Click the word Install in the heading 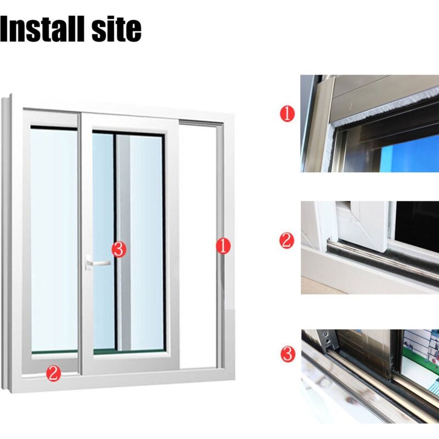(44, 29)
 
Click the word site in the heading (117, 29)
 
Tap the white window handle (97, 263)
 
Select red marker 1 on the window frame (223, 246)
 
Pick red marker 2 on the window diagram (53, 373)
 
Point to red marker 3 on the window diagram (119, 250)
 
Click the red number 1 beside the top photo (287, 114)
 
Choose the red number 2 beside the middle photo (287, 240)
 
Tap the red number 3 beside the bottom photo (288, 354)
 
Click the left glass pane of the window (54, 239)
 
